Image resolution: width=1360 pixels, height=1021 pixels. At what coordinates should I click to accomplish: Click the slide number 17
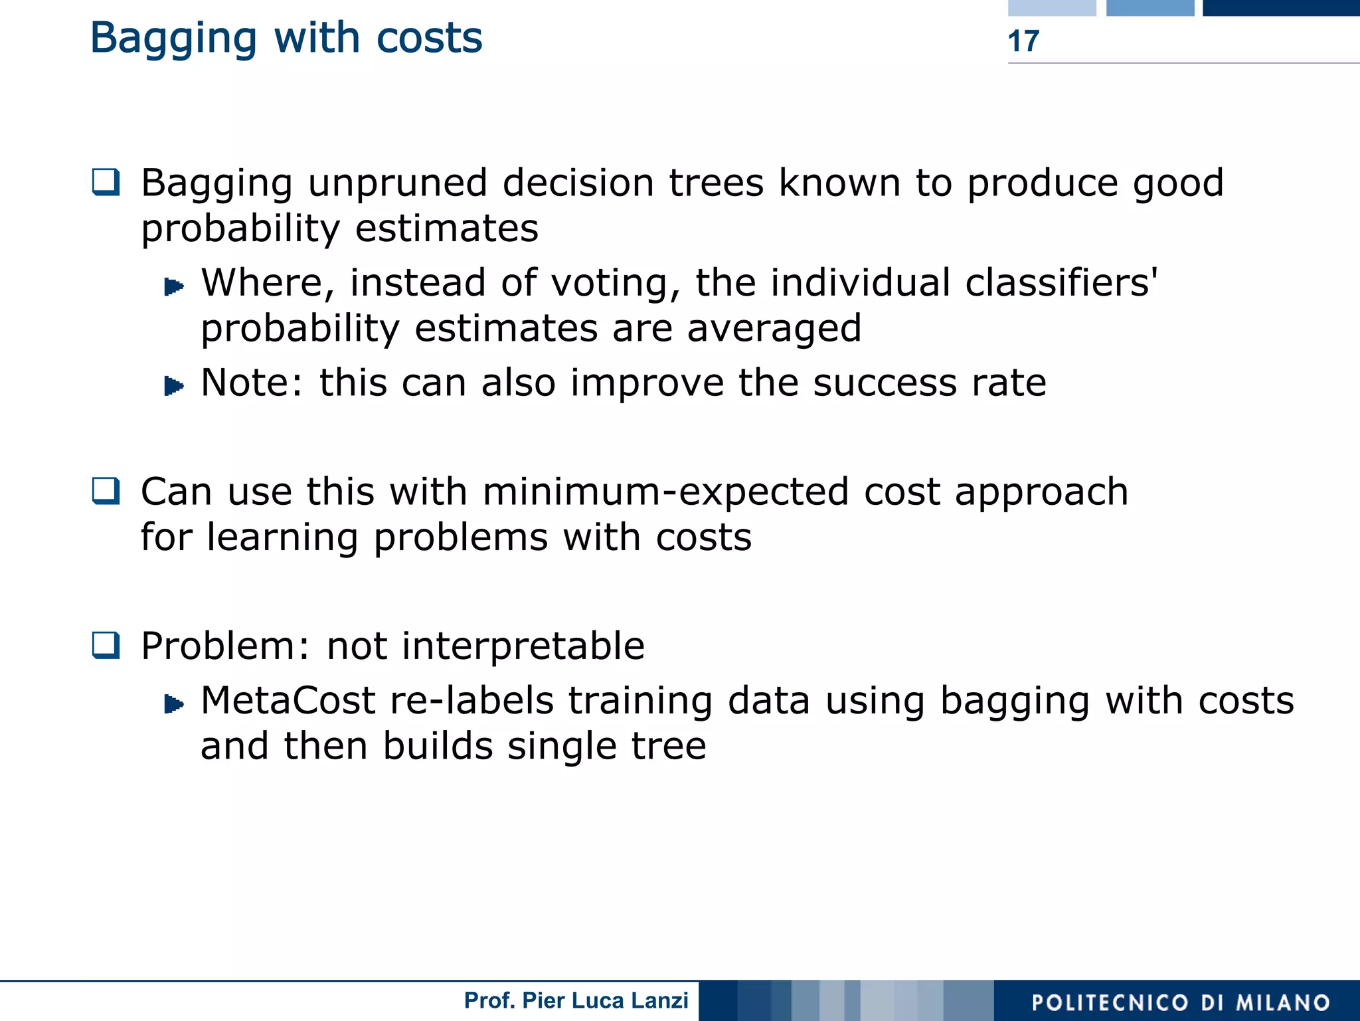click(1023, 41)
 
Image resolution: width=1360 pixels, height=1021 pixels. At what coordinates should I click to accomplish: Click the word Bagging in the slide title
click(173, 39)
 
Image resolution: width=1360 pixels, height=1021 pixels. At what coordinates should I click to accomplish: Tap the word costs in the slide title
click(429, 38)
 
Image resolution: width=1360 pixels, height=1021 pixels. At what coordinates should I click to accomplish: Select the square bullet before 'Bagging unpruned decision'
click(106, 182)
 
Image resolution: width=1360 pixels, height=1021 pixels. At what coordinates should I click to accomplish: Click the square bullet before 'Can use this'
click(106, 492)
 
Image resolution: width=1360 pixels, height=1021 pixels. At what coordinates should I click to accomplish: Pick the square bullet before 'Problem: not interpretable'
click(106, 645)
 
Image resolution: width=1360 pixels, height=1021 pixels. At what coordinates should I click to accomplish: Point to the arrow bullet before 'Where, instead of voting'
click(173, 286)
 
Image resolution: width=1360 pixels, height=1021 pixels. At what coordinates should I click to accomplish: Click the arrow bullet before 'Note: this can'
click(173, 385)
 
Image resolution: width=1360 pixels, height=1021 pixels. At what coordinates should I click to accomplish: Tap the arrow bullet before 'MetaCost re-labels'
click(173, 703)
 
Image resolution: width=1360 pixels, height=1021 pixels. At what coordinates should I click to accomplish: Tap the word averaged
click(774, 329)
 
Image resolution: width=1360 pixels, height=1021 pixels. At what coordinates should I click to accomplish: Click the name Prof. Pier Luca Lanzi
click(576, 1000)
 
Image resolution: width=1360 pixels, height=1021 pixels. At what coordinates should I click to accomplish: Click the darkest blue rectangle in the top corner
click(1281, 7)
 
